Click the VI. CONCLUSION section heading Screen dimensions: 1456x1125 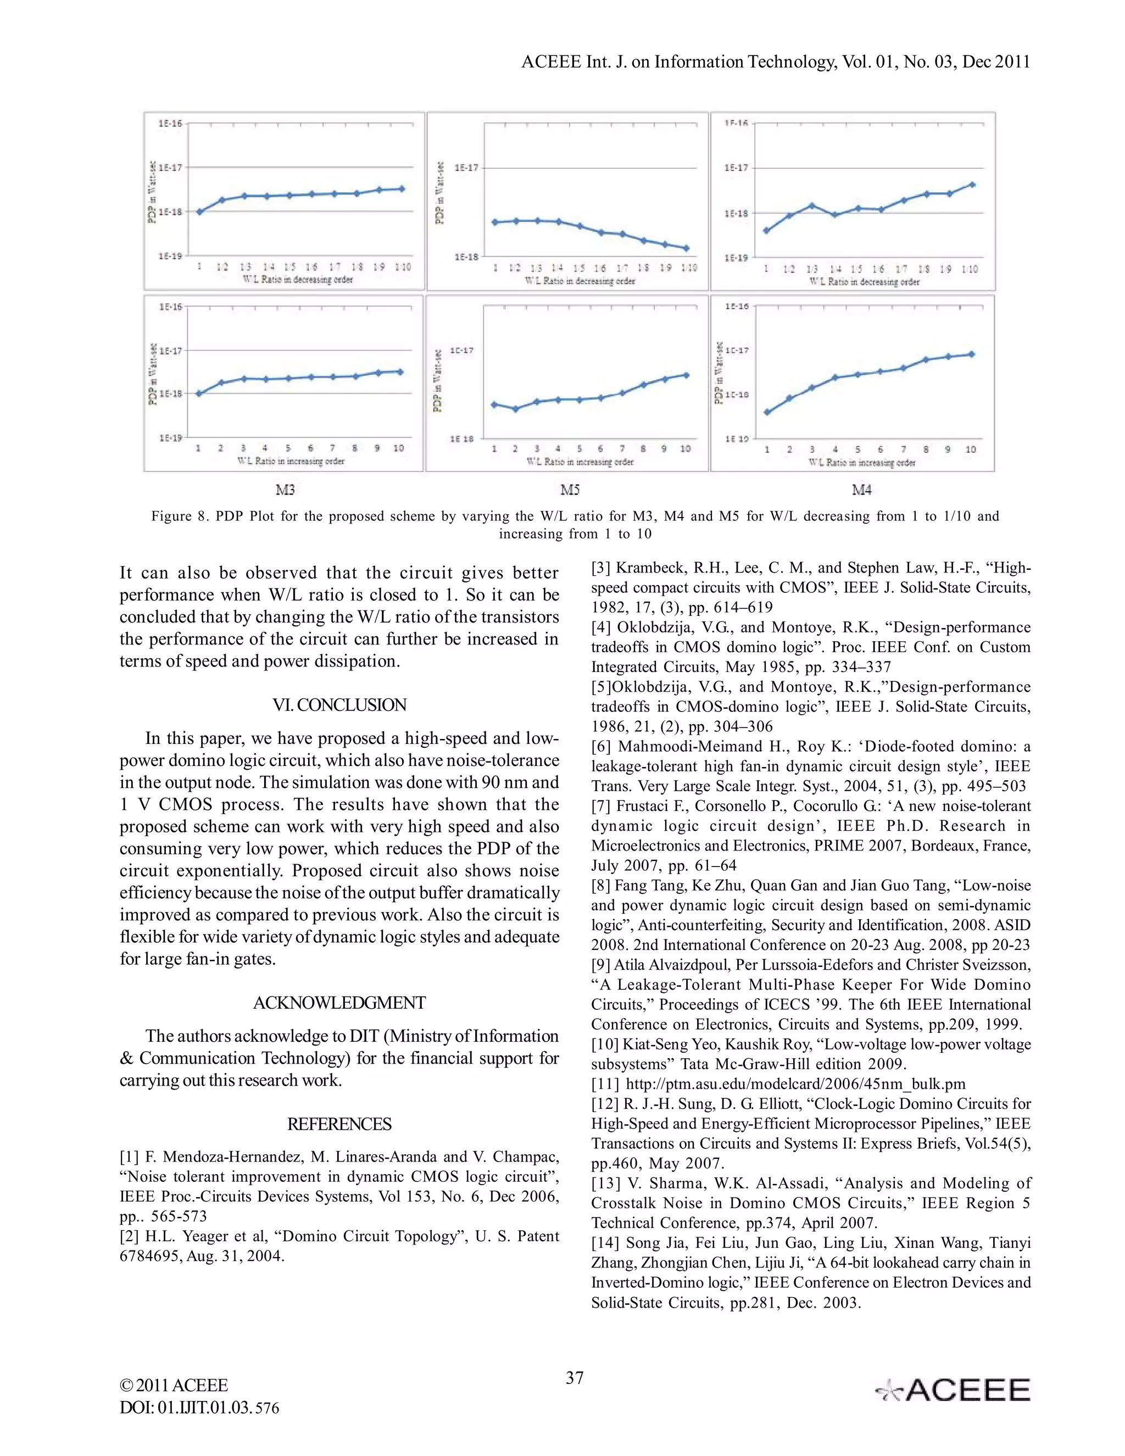339,705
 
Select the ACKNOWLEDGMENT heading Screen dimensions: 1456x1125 339,1003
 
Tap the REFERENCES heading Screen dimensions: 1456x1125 339,1124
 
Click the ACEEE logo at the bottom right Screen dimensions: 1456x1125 953,1390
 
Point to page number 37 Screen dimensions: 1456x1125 575,1378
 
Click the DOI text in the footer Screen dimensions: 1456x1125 199,1407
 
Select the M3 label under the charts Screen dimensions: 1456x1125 285,490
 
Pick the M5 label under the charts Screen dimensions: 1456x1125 570,490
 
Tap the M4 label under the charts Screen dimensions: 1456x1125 861,490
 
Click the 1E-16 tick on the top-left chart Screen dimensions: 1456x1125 170,123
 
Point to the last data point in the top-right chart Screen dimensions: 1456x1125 972,184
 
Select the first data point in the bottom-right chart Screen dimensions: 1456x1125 767,412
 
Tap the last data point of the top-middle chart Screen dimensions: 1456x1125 687,248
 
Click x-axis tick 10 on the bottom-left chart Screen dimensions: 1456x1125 399,448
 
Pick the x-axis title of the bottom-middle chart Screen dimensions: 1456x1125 580,462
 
